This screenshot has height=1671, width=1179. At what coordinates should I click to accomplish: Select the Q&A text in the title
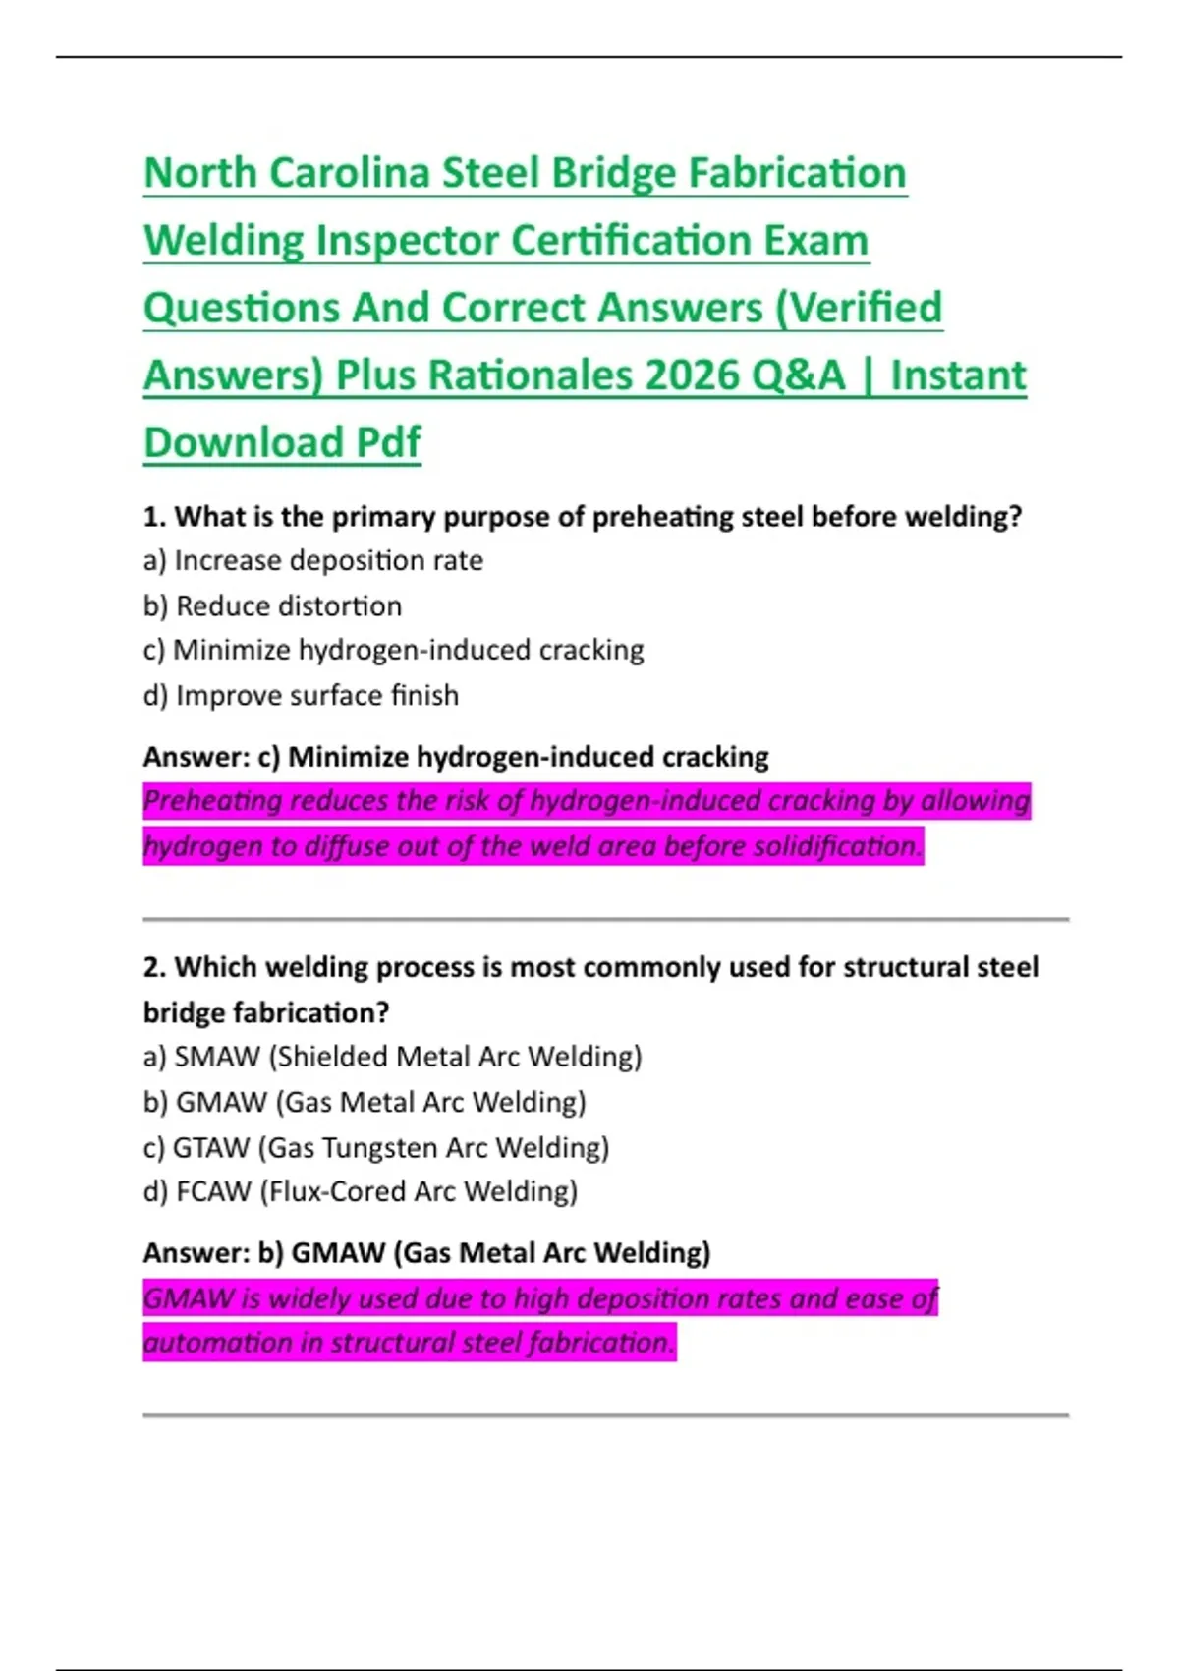tap(799, 375)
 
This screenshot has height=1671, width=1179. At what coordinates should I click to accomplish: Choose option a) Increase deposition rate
tap(313, 561)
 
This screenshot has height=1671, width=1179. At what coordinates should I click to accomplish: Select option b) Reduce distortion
tap(272, 606)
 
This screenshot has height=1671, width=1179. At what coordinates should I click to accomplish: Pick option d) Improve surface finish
tap(301, 696)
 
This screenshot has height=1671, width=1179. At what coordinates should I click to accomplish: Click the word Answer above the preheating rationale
tap(195, 758)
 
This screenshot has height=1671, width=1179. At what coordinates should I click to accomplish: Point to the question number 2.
tap(153, 968)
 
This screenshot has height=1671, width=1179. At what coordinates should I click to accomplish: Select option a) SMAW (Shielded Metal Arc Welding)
tap(392, 1058)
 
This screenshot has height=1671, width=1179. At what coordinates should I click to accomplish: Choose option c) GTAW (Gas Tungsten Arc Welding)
tap(376, 1148)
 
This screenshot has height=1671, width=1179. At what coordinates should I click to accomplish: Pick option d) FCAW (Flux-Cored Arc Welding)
tap(361, 1192)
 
